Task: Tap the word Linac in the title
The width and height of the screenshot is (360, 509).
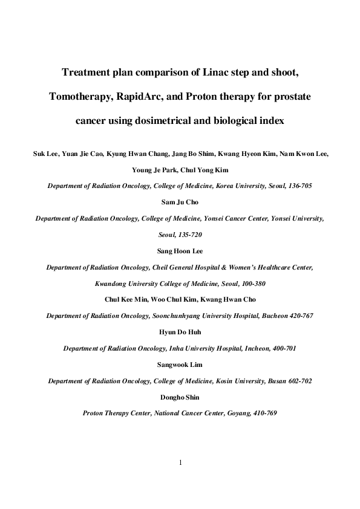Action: (217, 74)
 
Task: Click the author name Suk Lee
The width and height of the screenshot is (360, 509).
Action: (44, 154)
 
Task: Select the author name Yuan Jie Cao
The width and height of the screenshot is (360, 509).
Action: (81, 154)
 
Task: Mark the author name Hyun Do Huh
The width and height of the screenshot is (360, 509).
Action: (180, 332)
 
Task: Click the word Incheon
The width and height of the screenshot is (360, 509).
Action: (255, 348)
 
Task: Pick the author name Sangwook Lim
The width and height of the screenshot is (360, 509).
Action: (180, 365)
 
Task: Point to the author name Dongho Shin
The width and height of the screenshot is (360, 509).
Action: (180, 397)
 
